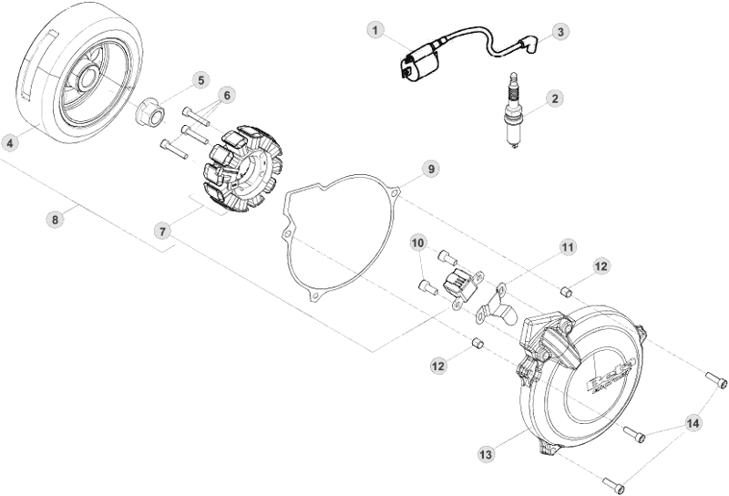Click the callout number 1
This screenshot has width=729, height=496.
tap(375, 30)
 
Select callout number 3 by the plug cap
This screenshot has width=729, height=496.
tap(560, 31)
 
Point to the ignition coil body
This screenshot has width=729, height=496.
tap(416, 64)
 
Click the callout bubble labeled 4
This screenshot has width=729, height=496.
tap(11, 142)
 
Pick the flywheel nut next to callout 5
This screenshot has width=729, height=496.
tap(149, 115)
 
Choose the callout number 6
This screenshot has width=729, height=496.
tap(227, 95)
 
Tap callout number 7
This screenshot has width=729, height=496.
tap(162, 232)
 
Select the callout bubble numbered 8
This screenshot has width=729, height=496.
tap(56, 219)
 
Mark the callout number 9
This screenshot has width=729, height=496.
tap(431, 169)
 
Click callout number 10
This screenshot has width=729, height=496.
tap(418, 243)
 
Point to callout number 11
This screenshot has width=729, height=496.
tap(568, 247)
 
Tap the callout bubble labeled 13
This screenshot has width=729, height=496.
tap(485, 453)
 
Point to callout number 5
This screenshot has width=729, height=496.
tap(201, 79)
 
